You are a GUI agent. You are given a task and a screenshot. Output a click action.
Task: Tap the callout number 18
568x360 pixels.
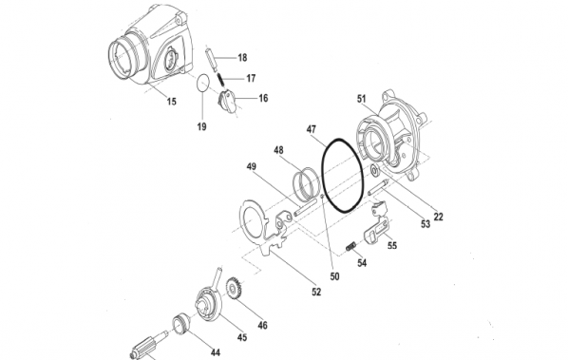241,58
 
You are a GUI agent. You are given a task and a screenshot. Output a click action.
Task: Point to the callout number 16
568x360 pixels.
262,98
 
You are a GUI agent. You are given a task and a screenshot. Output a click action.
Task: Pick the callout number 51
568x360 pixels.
362,98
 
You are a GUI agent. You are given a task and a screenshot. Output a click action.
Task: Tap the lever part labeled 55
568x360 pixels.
380,233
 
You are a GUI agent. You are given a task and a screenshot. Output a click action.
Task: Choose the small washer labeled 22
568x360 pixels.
377,171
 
